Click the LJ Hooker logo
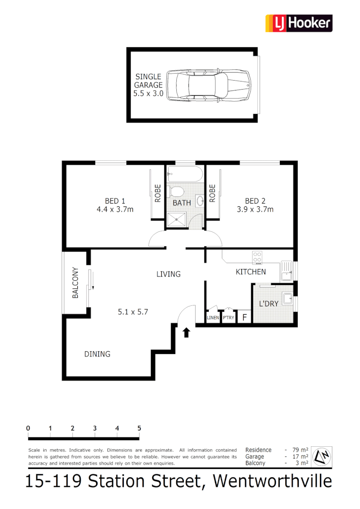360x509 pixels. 299,23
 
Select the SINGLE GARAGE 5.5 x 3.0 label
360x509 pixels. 148,85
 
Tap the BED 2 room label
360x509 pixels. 255,205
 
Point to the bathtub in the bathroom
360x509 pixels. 185,174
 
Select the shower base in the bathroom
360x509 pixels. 177,218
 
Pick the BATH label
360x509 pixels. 182,203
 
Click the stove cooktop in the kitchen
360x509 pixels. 257,257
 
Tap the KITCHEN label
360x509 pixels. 251,272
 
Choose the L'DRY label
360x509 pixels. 269,304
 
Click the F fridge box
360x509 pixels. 244,317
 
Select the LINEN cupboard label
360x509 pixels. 213,318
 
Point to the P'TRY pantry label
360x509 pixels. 228,318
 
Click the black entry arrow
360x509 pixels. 186,333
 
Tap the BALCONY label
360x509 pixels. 75,283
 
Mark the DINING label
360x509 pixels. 97,354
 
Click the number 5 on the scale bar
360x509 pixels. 139,428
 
